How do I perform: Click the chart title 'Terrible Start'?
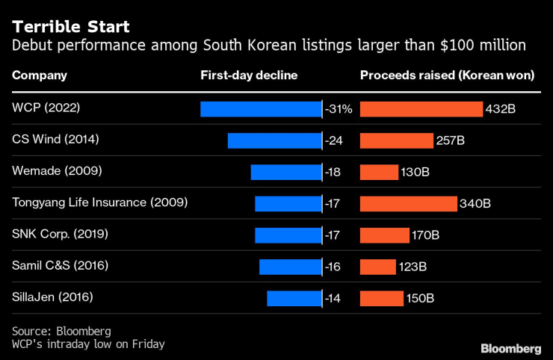[70, 27]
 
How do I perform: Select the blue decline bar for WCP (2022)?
[261, 109]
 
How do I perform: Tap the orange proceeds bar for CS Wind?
[397, 140]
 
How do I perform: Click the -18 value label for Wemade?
[333, 172]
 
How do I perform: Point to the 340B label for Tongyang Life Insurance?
[475, 203]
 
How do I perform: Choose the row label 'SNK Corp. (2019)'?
[61, 235]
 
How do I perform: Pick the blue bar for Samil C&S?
[290, 267]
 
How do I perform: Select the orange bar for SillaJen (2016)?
[382, 298]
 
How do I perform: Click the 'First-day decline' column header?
[249, 75]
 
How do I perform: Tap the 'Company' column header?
[40, 75]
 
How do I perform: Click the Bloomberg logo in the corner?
[510, 349]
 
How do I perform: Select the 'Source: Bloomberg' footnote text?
[61, 330]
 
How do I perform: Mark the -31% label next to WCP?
[339, 109]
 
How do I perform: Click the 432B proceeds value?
[501, 109]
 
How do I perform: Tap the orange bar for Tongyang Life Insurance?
[408, 203]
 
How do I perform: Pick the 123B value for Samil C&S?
[413, 267]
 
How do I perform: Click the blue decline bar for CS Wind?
[274, 140]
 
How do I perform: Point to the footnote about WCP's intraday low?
[88, 344]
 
